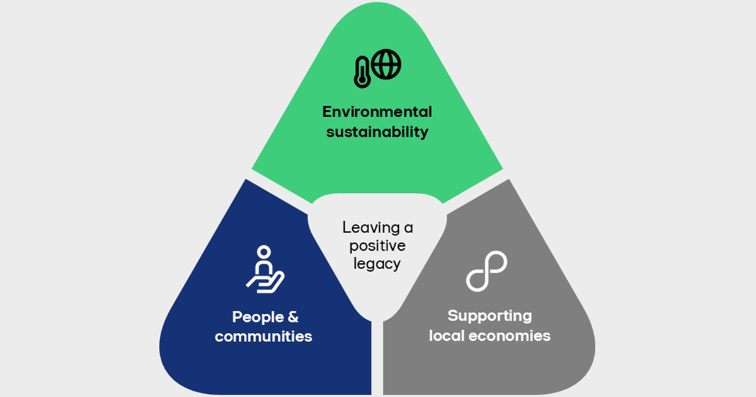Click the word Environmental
[377, 112]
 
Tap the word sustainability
[377, 132]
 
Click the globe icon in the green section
[386, 64]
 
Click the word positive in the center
[377, 245]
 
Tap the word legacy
[377, 263]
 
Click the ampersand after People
[292, 316]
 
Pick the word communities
[263, 337]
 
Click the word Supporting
[490, 316]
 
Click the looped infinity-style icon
[487, 271]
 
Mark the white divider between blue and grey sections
[377, 359]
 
